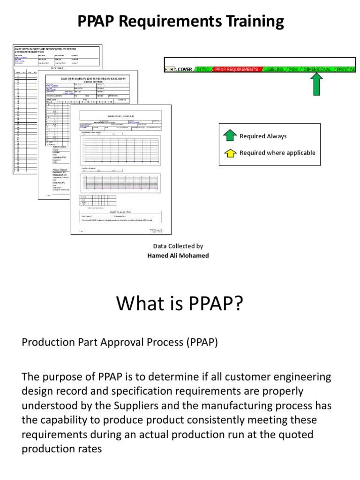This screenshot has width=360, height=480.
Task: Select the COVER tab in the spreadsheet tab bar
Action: point(185,69)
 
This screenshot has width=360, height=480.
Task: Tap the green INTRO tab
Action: point(202,69)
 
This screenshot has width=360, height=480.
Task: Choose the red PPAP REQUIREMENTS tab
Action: point(236,69)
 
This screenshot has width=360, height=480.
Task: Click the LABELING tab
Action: point(274,69)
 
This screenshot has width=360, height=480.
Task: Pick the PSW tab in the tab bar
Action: point(292,69)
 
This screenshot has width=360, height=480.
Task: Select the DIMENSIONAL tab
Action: point(317,69)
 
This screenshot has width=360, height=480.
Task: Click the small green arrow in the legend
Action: point(230,136)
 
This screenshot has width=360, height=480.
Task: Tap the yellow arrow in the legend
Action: point(230,153)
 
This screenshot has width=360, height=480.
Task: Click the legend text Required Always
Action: point(263,136)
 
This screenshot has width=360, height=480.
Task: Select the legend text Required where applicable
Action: point(277,153)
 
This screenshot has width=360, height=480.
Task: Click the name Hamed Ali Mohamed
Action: point(178,255)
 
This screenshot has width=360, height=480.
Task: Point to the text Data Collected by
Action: point(178,246)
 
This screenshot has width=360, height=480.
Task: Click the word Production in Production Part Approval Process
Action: point(45,342)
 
